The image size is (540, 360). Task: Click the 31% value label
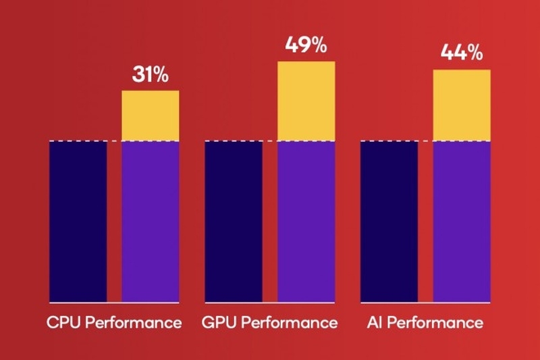point(150,75)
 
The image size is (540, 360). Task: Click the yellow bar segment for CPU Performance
point(150,115)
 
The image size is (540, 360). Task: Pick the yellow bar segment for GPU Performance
point(306,101)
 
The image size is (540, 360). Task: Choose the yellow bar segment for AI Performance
point(461,105)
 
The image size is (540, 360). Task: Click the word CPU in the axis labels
point(62,322)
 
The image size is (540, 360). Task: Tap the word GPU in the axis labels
point(218,322)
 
